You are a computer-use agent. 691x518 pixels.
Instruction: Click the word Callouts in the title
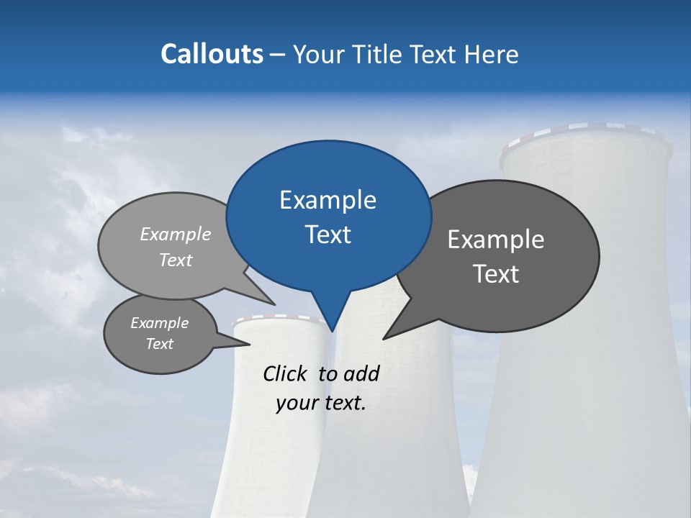tap(212, 54)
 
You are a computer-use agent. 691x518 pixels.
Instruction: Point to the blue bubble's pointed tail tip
tap(332, 332)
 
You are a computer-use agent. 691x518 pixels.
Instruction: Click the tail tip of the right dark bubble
tap(384, 338)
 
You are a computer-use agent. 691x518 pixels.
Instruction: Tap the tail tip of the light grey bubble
tap(276, 304)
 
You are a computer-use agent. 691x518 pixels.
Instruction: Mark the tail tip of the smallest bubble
tap(249, 345)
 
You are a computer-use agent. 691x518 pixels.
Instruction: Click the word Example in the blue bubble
tap(328, 200)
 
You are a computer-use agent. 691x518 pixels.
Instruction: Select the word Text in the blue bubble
tap(328, 235)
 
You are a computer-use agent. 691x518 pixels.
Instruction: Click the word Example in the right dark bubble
tap(496, 240)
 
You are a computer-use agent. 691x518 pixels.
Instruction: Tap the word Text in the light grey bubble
tap(176, 260)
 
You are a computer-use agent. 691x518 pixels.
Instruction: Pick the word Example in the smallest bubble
tap(160, 323)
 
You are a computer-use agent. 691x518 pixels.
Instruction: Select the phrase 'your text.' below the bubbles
tap(321, 403)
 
